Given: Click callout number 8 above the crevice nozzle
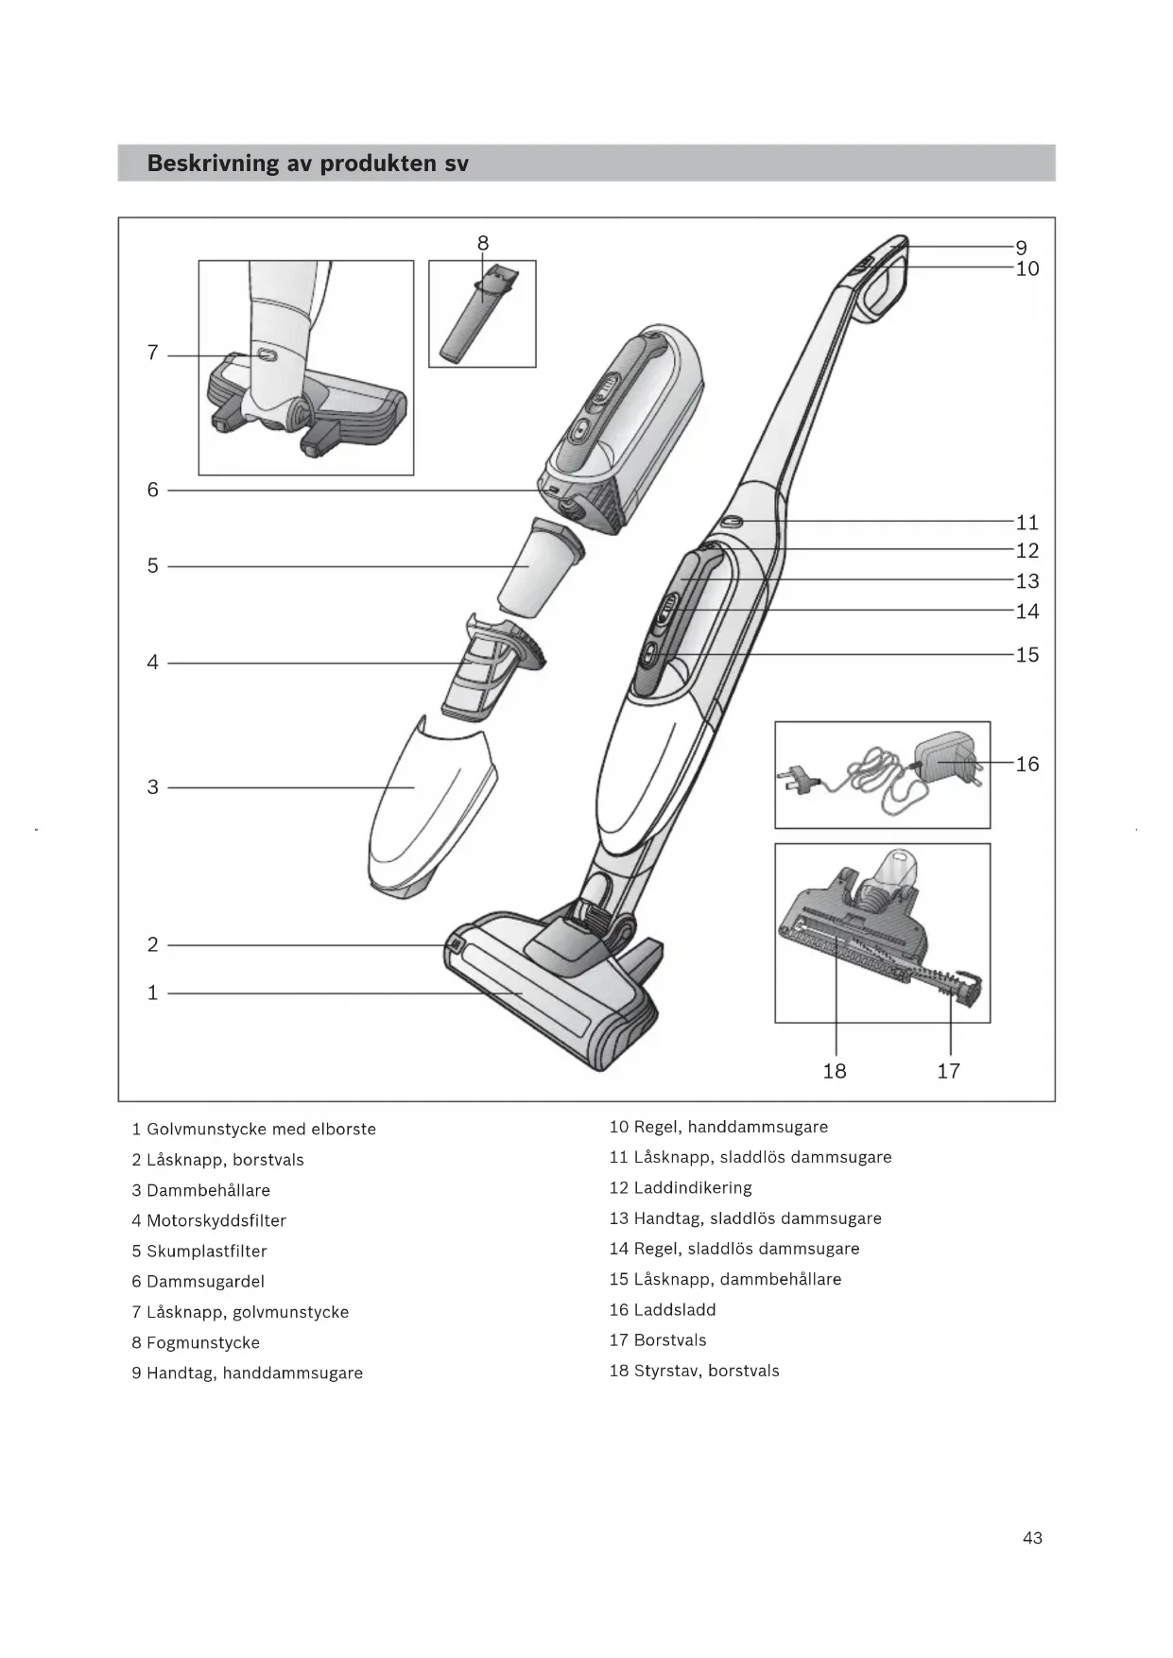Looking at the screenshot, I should pos(483,244).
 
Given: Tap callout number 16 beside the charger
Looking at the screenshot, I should pos(1026,764).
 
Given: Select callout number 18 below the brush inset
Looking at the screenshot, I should pos(835,1071).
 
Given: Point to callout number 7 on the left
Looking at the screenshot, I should pos(152,353).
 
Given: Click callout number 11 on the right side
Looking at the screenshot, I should pos(1026,523).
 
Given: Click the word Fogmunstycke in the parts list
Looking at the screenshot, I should pos(202,1342).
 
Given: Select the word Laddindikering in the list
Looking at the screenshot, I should pos(693,1188).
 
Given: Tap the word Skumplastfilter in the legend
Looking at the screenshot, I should pos(206,1252).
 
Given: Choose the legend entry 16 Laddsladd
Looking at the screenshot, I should pos(663,1310).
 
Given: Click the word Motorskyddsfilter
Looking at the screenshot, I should pos(216,1221).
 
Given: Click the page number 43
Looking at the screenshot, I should pos(1032,1538).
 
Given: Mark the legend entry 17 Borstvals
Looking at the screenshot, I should pos(658,1340).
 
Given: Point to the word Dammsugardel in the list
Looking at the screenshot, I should pos(205,1282).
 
